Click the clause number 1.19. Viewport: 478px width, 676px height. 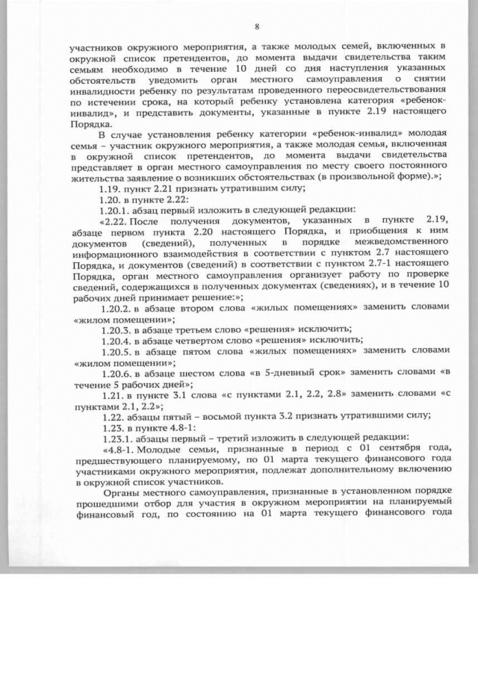coord(110,190)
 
